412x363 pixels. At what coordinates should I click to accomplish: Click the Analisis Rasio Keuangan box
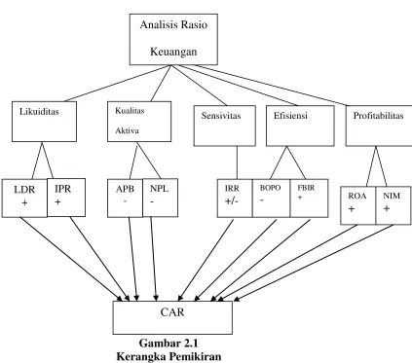click(x=173, y=39)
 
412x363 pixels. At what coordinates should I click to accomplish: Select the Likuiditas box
click(x=44, y=122)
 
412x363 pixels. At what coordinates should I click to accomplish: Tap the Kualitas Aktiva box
click(x=139, y=122)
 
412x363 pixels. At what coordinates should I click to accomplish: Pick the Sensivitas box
click(x=225, y=126)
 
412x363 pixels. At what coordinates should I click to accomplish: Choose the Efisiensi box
click(x=300, y=126)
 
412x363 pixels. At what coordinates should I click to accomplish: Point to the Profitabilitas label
click(x=378, y=116)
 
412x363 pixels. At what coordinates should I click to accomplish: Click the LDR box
click(x=24, y=198)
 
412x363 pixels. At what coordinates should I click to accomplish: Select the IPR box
click(x=66, y=198)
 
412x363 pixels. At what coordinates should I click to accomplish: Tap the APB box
click(x=125, y=198)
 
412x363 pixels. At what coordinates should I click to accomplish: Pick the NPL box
click(x=160, y=198)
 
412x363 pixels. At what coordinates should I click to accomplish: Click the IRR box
click(x=235, y=199)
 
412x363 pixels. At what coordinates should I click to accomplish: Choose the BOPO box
click(x=271, y=199)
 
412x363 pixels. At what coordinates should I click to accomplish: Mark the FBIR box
click(x=309, y=199)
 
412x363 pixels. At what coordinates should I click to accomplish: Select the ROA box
click(x=358, y=205)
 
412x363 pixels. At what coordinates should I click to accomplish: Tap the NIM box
click(x=393, y=205)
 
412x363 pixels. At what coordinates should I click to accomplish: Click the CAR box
click(x=172, y=317)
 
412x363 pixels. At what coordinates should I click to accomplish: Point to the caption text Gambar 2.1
click(x=169, y=344)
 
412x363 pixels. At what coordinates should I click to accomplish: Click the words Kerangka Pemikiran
click(x=169, y=356)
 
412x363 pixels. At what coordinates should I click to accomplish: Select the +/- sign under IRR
click(x=232, y=201)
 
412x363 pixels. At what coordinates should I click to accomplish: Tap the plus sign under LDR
click(x=24, y=202)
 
